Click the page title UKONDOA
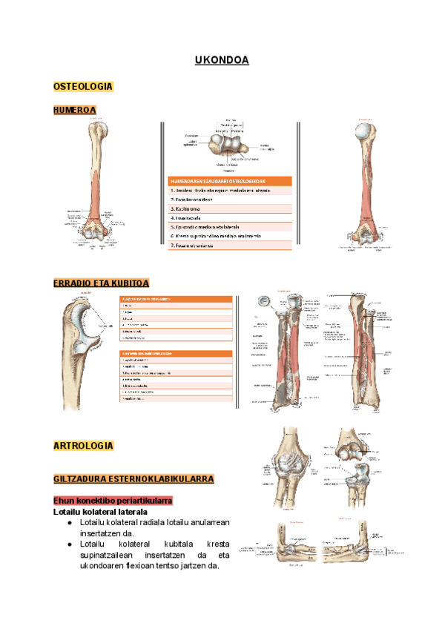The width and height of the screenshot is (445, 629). [x=221, y=59]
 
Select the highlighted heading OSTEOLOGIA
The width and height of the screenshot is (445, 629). [x=82, y=87]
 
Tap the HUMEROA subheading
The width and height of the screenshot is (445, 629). [x=74, y=111]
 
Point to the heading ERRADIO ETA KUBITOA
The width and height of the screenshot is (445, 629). [x=102, y=283]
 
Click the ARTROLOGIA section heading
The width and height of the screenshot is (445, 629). [x=83, y=446]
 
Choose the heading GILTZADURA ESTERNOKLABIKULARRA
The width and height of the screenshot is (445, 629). [x=133, y=479]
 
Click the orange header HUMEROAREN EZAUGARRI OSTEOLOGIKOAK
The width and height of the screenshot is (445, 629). [x=230, y=180]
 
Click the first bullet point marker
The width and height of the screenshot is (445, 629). [x=68, y=522]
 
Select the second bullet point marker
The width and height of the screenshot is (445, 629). [x=68, y=544]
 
